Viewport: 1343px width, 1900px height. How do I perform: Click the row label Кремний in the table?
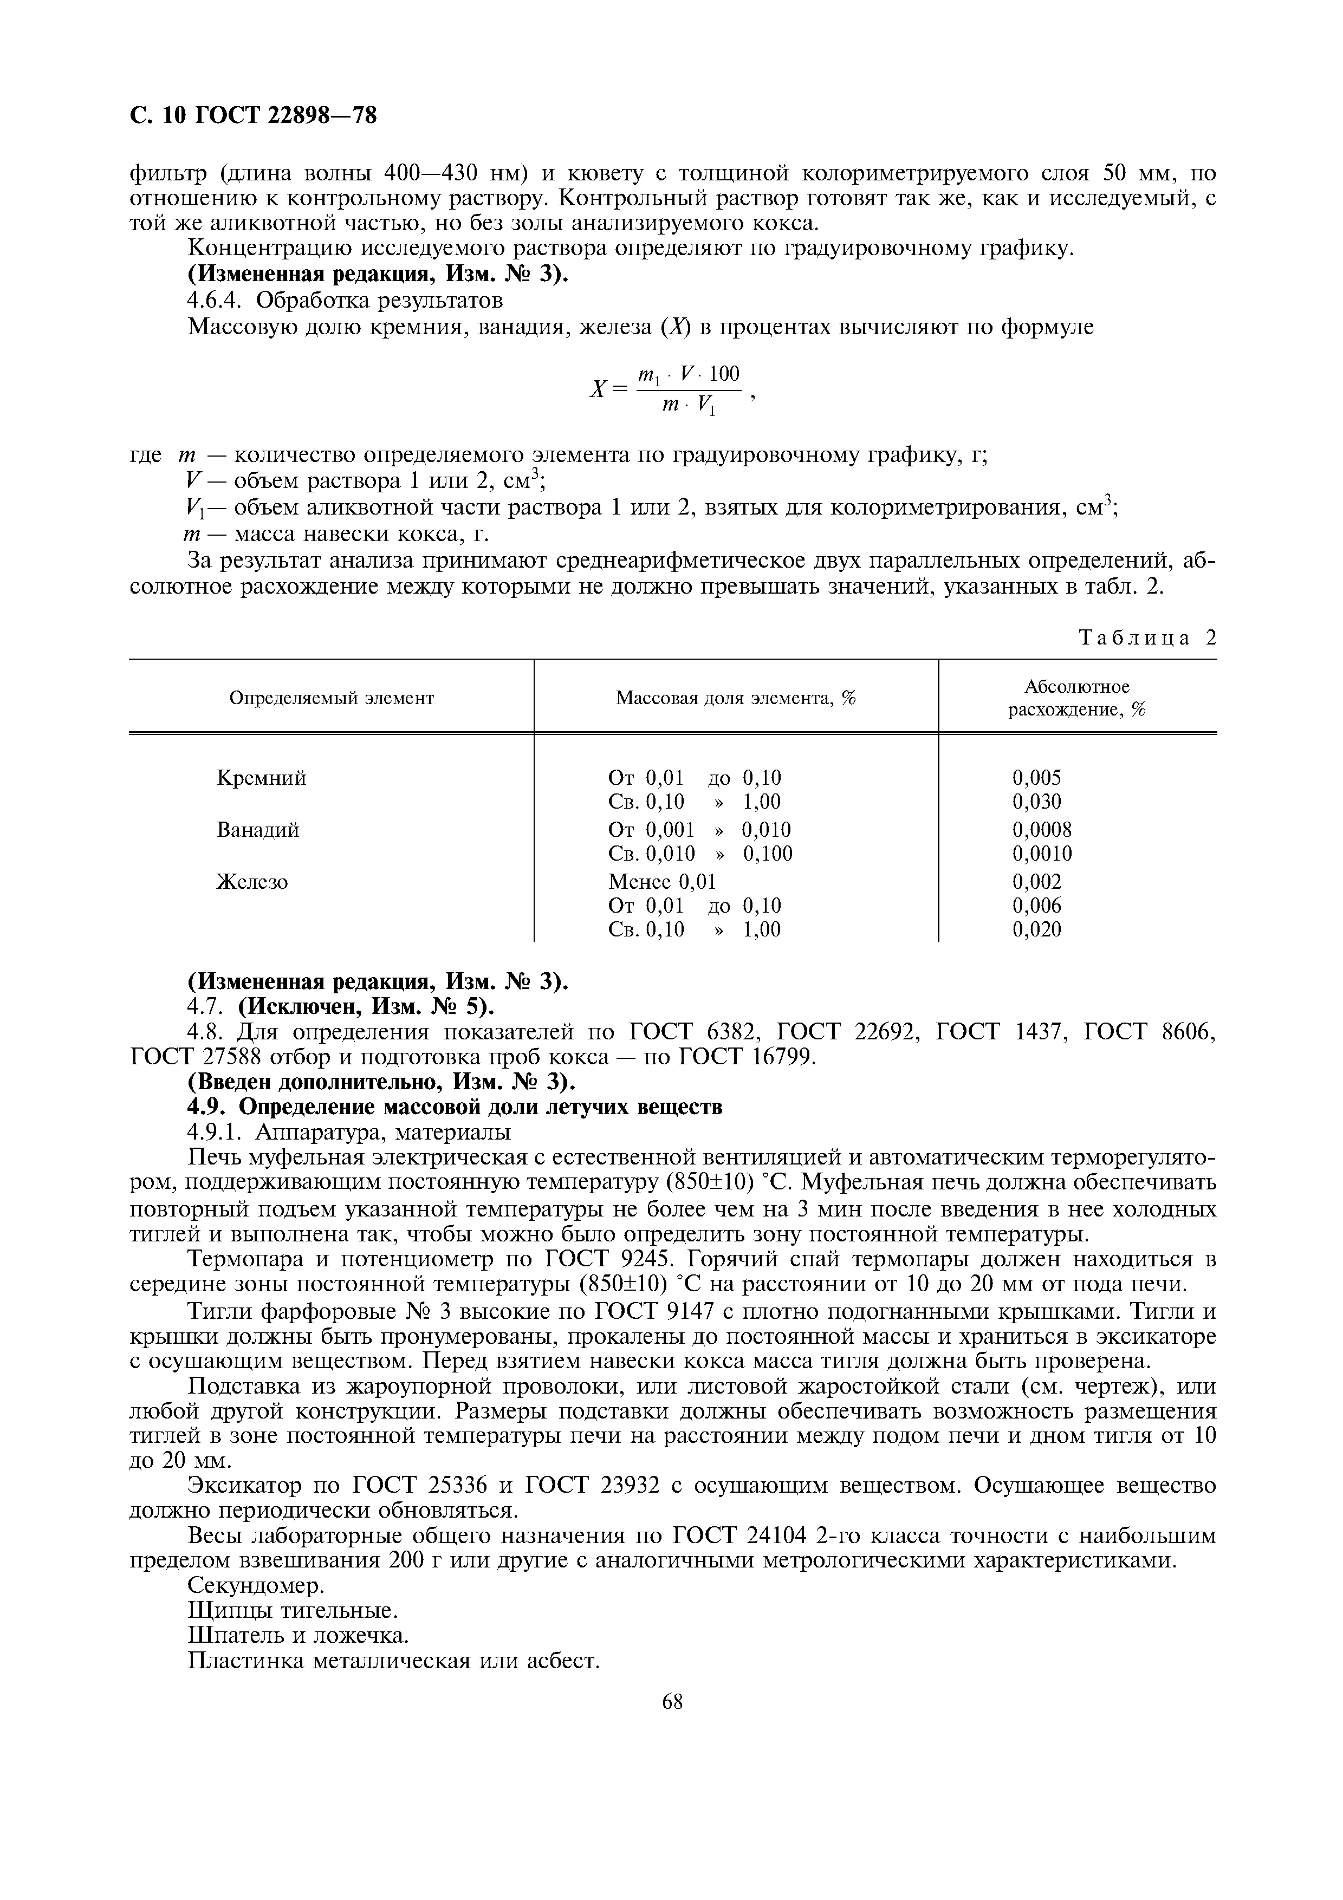coord(262,778)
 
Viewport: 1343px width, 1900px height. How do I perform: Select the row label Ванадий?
coord(257,829)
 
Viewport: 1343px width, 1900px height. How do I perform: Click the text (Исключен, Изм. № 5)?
coord(367,1006)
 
